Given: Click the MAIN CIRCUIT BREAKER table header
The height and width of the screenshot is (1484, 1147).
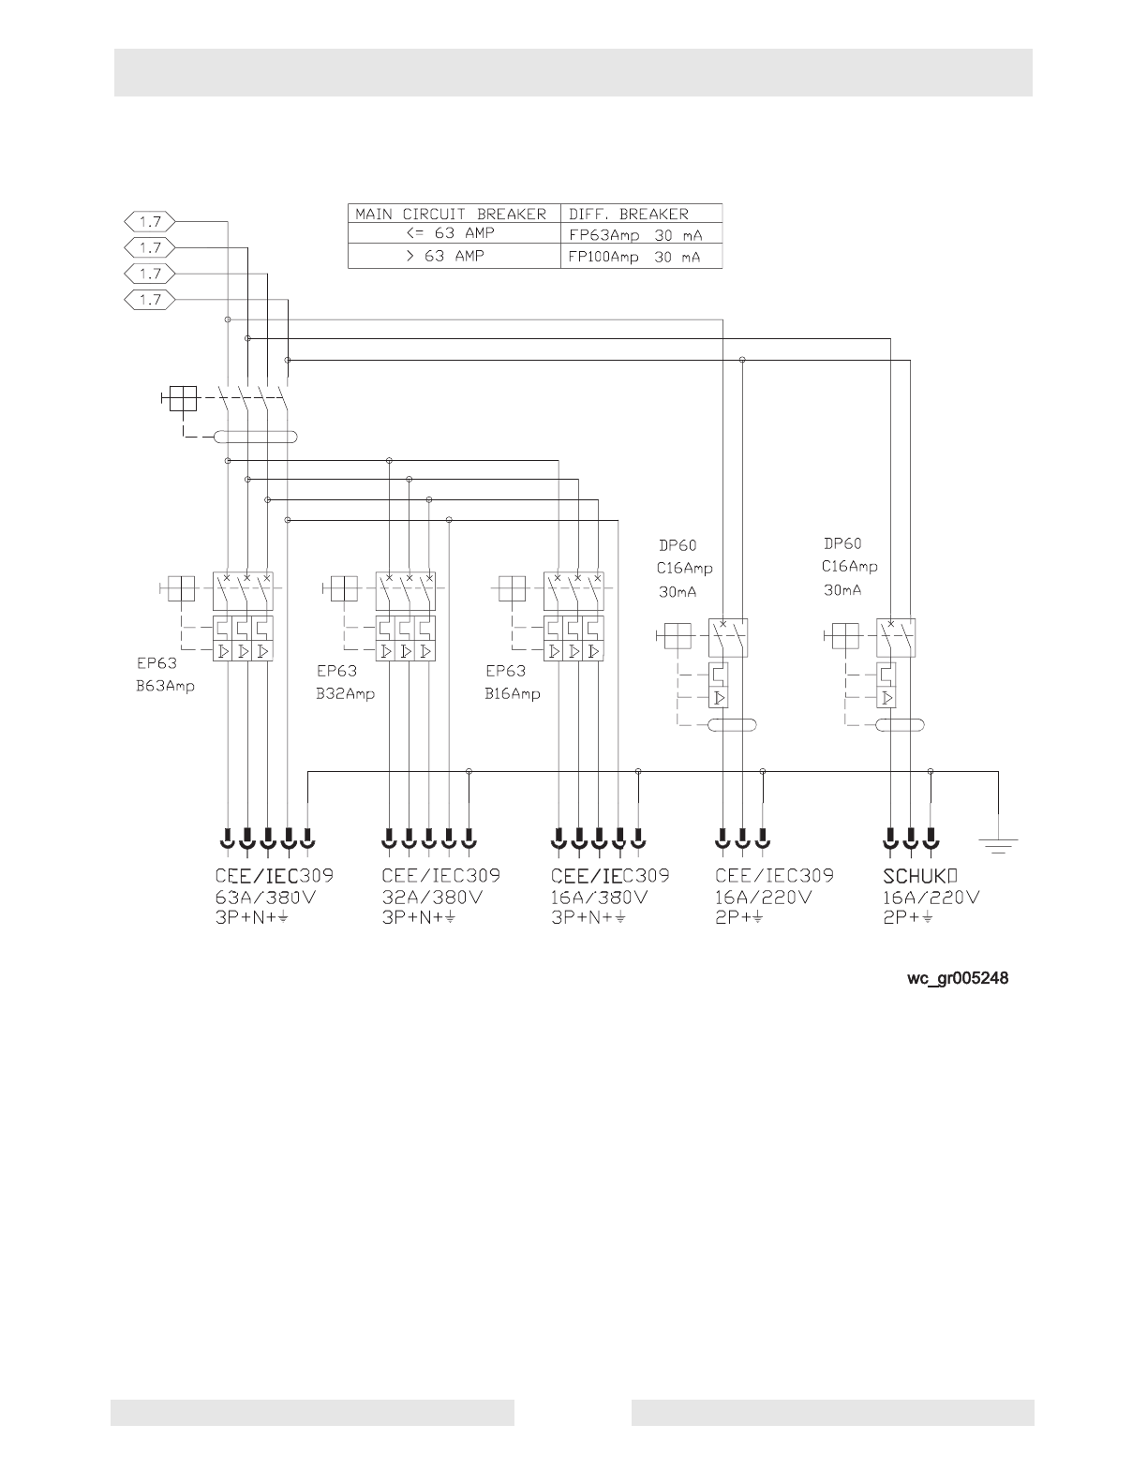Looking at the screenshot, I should click(x=450, y=214).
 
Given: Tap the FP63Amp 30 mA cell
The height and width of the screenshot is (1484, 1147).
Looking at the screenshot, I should click(x=635, y=235).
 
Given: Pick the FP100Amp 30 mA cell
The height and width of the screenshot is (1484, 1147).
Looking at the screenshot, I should click(x=635, y=257).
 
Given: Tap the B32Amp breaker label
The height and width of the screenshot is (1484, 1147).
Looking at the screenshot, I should click(x=345, y=694).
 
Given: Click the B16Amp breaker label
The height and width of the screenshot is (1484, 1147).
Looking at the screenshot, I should click(x=513, y=694).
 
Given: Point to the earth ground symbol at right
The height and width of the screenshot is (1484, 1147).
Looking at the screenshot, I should click(x=999, y=847).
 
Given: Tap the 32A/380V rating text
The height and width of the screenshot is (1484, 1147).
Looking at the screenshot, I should click(x=432, y=897).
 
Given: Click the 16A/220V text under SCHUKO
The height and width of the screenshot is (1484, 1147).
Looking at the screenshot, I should click(x=931, y=897).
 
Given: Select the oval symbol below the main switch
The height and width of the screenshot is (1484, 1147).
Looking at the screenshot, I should click(x=256, y=437).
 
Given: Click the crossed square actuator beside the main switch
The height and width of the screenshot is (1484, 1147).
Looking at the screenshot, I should click(x=183, y=399).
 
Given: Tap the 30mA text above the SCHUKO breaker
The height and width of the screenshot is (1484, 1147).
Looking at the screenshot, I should click(x=842, y=590).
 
